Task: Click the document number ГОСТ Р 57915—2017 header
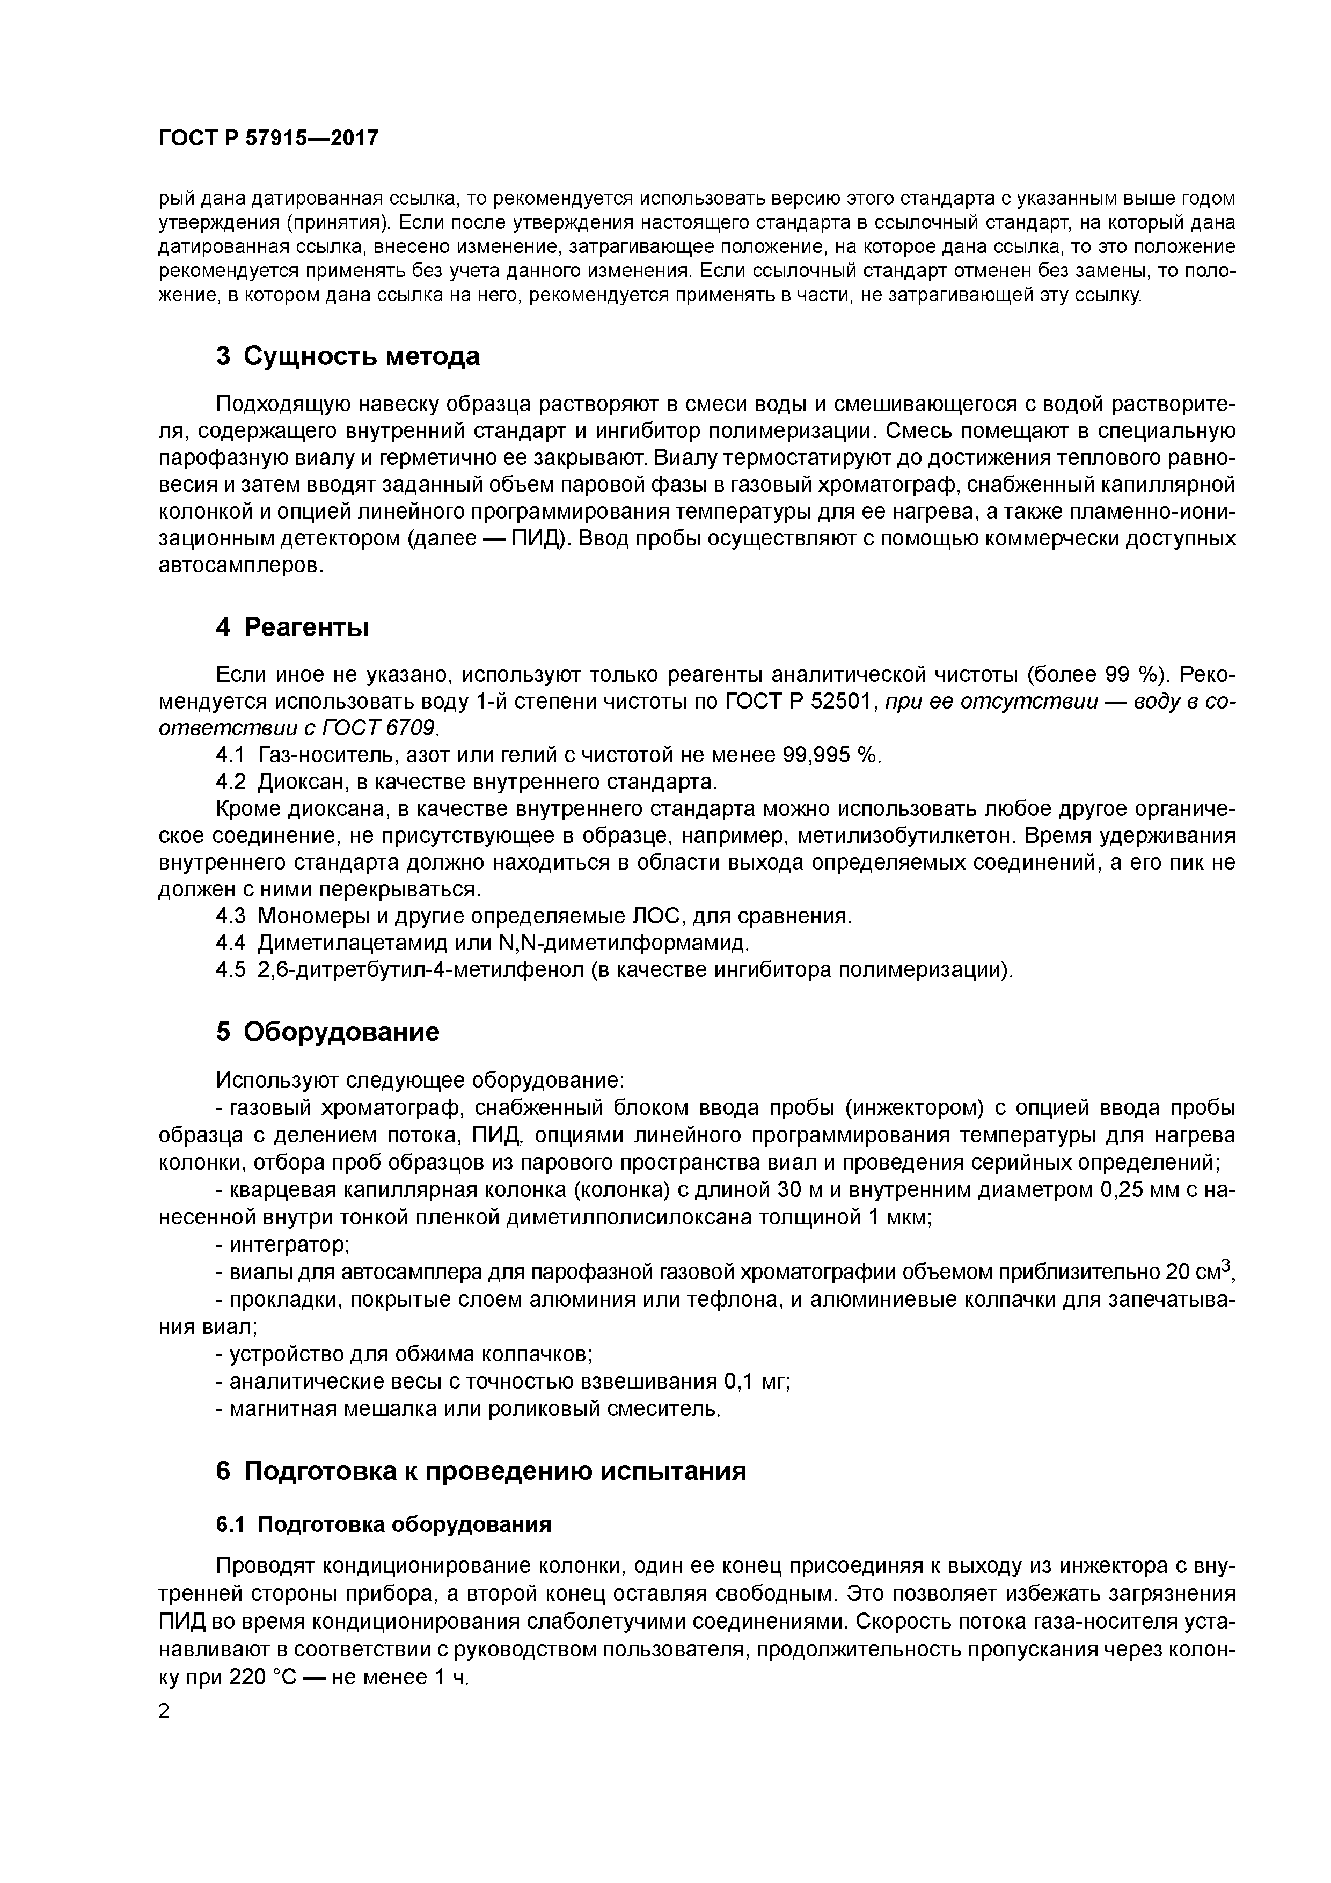click(x=268, y=138)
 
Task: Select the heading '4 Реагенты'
click(x=292, y=627)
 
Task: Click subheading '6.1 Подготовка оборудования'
click(x=383, y=1524)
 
